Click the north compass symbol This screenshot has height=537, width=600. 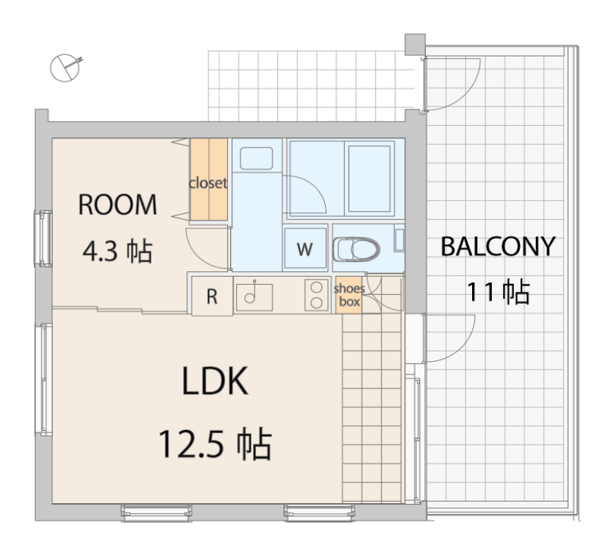(65, 68)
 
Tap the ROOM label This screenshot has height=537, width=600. (118, 205)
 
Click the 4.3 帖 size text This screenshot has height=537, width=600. (118, 251)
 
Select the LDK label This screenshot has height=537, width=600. (215, 380)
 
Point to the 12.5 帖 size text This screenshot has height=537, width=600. (215, 444)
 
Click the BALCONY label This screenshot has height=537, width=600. (498, 246)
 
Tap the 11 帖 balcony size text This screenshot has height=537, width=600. (498, 291)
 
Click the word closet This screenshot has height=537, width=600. (208, 183)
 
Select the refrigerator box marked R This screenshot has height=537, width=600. (212, 296)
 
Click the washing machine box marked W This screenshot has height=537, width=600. (305, 249)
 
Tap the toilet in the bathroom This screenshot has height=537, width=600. (356, 249)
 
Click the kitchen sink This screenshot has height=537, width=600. (254, 296)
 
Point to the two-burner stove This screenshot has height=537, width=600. (316, 295)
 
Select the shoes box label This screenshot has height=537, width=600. (349, 295)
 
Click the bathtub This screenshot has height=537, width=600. (369, 178)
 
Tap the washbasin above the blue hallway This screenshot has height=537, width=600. (256, 157)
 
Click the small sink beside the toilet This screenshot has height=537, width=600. (399, 240)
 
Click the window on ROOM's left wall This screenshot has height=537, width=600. (43, 238)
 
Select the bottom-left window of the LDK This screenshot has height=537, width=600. (156, 513)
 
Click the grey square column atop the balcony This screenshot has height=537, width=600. (415, 44)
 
